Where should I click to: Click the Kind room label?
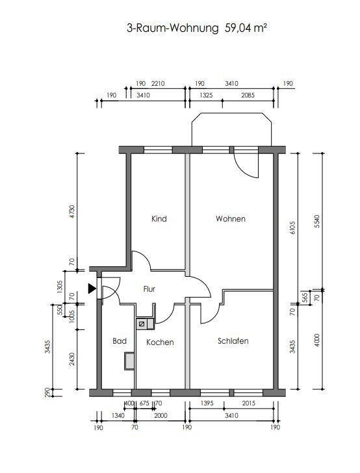pos(159,219)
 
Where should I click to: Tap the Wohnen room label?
pos(231,219)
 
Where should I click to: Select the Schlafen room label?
pos(233,341)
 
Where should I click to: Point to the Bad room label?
pos(120,341)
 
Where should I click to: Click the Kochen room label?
pos(160,342)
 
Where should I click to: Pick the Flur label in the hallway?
pos(149,289)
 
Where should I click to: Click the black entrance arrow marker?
pos(92,288)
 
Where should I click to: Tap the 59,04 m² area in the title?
pos(246,28)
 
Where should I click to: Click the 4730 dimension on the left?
pos(72,212)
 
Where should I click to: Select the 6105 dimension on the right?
pos(292,228)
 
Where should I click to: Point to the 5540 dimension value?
pos(316,221)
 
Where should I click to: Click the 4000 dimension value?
pos(316,340)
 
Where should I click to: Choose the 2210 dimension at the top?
pos(158,84)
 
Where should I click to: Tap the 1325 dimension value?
pos(206,96)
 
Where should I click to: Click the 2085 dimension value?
pos(248,96)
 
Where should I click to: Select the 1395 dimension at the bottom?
pos(207,403)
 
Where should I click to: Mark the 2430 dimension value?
pos(72,359)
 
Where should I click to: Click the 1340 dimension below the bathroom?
pos(118,416)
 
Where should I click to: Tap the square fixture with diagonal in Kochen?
pos(142,324)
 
